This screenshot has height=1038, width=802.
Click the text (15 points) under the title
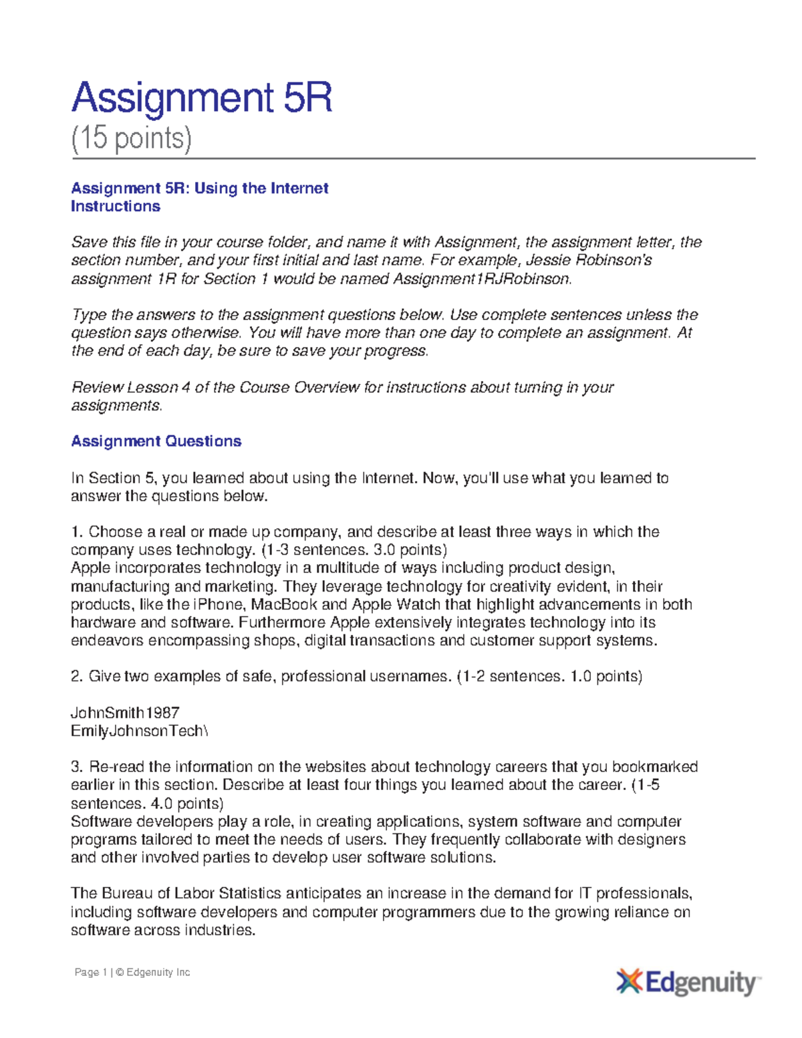132,138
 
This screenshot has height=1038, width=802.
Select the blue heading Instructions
116,207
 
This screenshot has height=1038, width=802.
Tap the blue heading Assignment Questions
156,441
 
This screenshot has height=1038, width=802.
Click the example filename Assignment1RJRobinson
481,279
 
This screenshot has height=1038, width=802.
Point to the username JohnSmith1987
125,712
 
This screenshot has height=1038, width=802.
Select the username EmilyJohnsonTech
137,731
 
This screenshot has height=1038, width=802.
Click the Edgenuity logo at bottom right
688,983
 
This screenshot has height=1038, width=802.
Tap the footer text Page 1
91,972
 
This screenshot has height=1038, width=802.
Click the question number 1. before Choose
77,532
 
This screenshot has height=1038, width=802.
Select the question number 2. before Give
77,676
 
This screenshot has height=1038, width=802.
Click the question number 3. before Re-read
77,767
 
